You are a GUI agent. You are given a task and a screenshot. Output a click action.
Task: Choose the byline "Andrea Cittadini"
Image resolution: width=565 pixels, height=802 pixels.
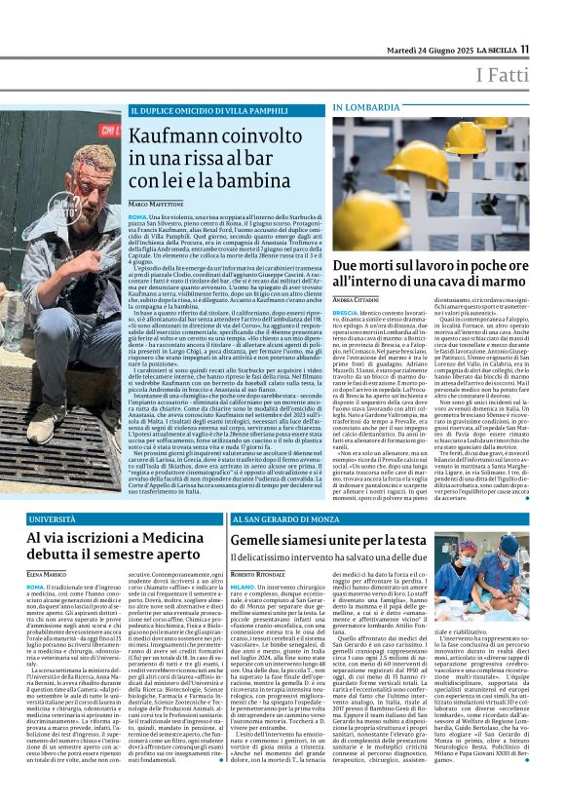click(358, 295)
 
